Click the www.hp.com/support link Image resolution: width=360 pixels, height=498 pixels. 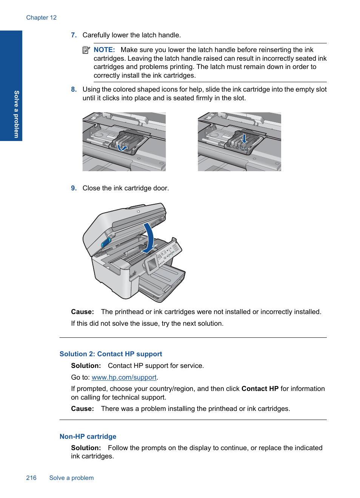click(124, 377)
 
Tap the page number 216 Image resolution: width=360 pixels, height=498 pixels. click(31, 478)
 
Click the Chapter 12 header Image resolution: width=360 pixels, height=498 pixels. click(41, 18)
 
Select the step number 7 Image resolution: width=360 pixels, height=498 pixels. click(74, 35)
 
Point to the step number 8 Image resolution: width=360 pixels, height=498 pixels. click(74, 89)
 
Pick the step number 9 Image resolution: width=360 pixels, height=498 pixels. click(74, 188)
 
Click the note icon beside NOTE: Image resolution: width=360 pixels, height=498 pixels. click(86, 50)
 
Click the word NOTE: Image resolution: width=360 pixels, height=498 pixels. click(104, 50)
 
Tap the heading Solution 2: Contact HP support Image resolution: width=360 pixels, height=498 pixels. click(111, 354)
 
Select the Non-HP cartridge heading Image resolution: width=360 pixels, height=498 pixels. click(88, 437)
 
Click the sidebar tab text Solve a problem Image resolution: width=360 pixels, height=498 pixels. click(16, 114)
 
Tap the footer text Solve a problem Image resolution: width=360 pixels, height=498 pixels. click(71, 478)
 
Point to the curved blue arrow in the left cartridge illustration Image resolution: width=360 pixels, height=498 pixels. click(122, 148)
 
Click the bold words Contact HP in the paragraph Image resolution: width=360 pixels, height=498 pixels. click(260, 389)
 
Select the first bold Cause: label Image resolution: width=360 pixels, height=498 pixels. click(82, 312)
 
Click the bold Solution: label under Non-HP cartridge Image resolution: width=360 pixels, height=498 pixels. click(86, 448)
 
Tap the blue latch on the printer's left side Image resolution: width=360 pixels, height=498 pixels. click(106, 242)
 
